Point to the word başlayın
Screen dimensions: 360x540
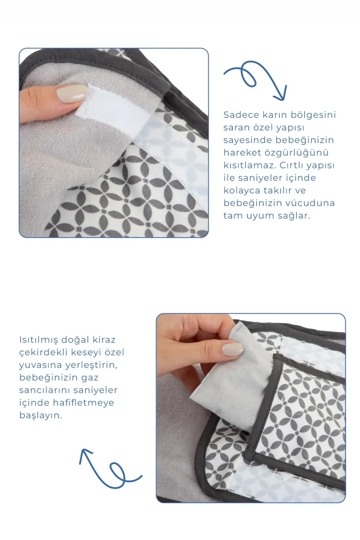point(40,415)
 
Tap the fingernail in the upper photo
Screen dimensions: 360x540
point(72,93)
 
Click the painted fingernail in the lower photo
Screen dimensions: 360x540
point(232,349)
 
